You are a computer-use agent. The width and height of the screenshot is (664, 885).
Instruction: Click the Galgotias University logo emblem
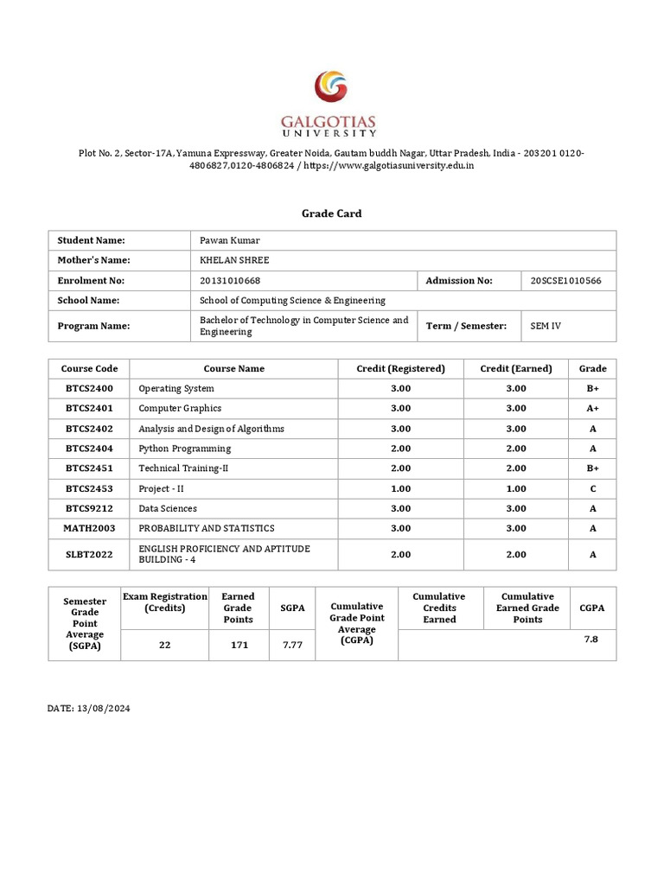point(332,90)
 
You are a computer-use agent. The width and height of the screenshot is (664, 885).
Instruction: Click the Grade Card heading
point(332,213)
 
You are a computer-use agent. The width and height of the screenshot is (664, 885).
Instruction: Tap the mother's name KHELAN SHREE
point(234,260)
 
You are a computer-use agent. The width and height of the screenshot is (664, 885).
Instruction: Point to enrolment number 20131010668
point(230,280)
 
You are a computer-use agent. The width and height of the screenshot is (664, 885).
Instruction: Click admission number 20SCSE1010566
point(565,280)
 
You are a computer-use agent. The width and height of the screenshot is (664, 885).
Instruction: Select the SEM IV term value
point(546,326)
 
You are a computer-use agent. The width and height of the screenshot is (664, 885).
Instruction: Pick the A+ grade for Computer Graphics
point(592,408)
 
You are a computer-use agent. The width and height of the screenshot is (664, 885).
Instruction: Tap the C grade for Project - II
point(592,488)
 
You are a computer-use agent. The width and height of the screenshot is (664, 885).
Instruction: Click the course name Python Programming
point(185,449)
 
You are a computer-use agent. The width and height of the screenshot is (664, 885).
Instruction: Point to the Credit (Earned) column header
point(515,368)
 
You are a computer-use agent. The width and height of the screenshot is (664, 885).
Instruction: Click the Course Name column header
point(233,368)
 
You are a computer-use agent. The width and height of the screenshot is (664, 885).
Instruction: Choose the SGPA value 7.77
point(292,645)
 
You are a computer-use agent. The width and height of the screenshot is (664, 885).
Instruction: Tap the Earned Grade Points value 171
point(238,645)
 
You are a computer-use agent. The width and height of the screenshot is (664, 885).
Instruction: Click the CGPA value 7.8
point(591,638)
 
